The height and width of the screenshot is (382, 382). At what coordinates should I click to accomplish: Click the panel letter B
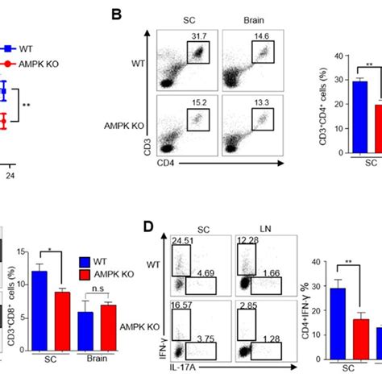point(116,15)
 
